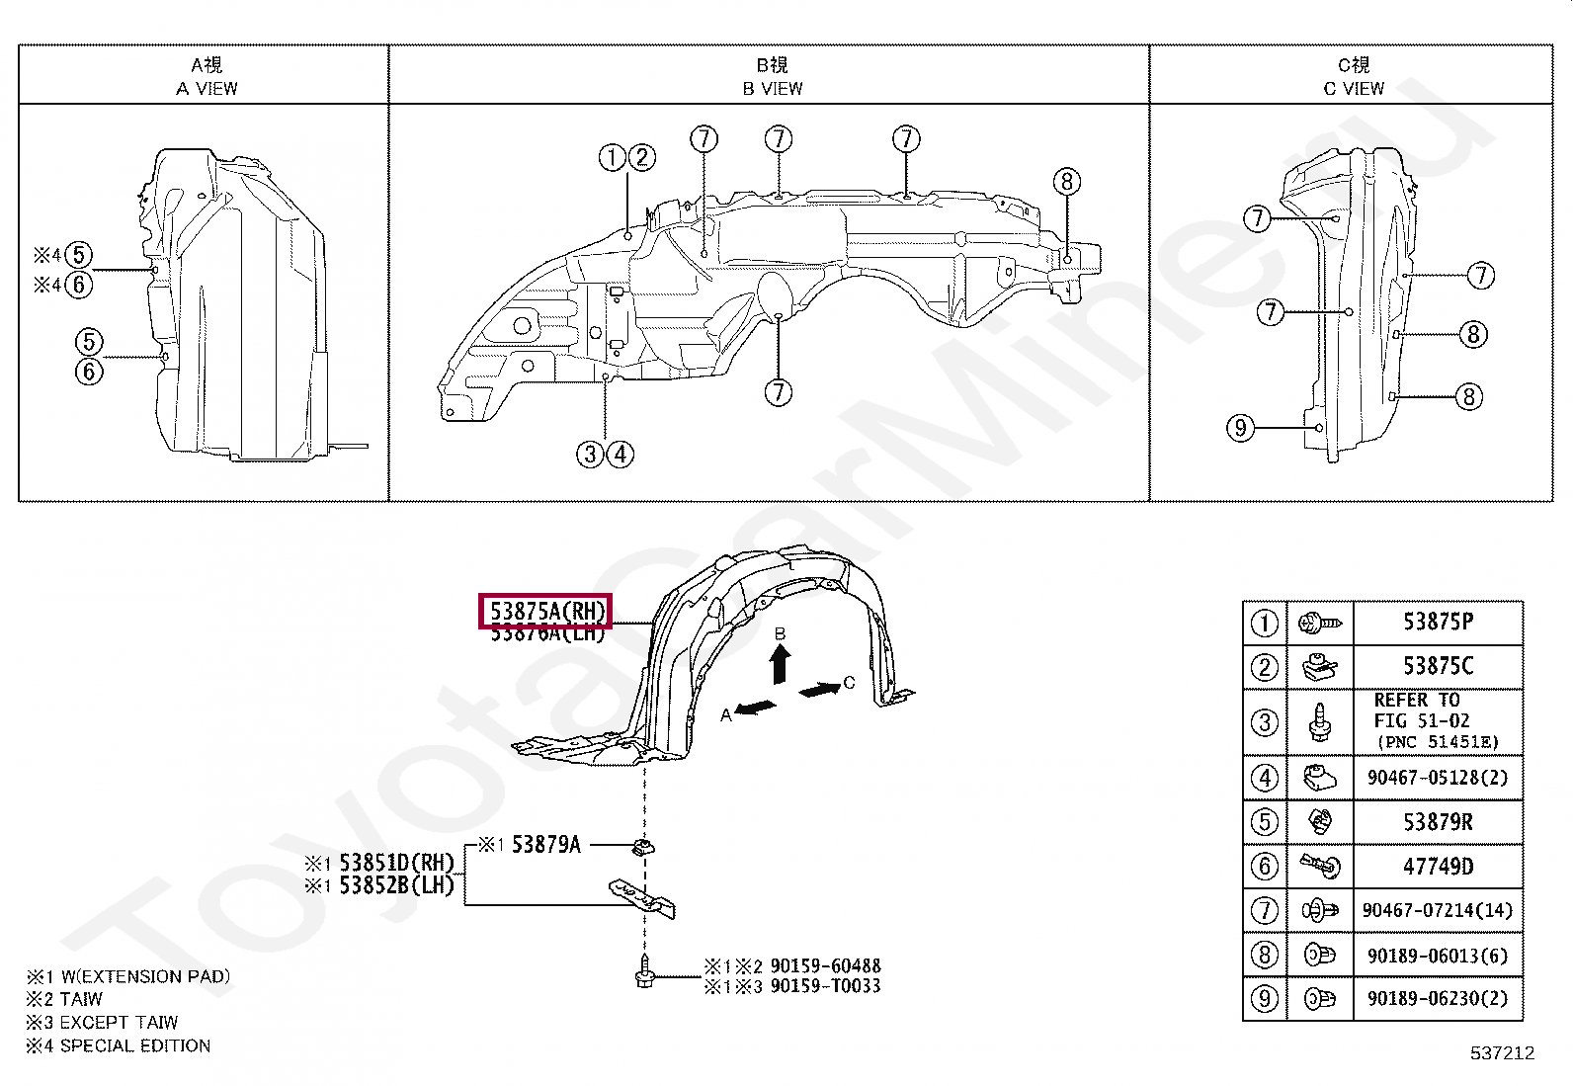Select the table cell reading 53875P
tap(1438, 623)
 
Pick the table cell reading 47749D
tap(1438, 867)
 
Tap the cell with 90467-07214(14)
tap(1438, 910)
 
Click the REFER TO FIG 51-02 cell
tap(1438, 721)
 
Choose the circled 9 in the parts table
tap(1264, 999)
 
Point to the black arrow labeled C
tap(819, 690)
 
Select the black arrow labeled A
tap(755, 708)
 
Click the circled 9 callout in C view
tap(1240, 428)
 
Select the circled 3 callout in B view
tap(590, 455)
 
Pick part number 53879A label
tap(545, 845)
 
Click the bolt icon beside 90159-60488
tap(643, 975)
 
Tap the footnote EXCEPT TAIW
tap(119, 1023)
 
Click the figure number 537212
tap(1501, 1053)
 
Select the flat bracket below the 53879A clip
tap(641, 897)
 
